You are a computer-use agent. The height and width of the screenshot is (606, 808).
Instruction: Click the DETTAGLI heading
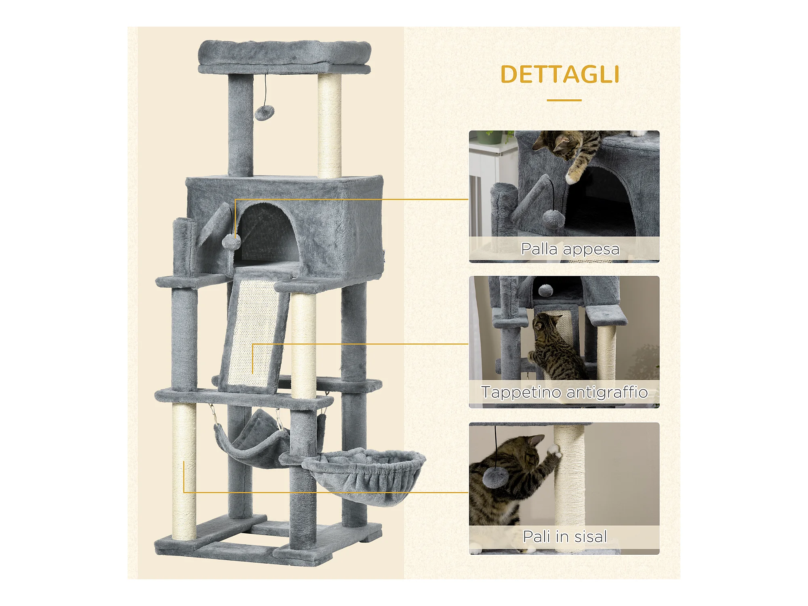(x=560, y=74)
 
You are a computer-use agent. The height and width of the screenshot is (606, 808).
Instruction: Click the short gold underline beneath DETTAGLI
(x=564, y=100)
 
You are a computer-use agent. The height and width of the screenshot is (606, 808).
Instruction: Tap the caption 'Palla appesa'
(x=570, y=249)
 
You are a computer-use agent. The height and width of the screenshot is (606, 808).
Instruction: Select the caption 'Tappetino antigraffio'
(x=564, y=392)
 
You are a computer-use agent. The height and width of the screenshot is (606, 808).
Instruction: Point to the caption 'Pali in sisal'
(x=565, y=537)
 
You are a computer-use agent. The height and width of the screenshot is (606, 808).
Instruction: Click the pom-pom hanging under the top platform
(x=264, y=113)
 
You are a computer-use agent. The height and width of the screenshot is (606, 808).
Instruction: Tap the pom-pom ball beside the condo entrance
(x=231, y=242)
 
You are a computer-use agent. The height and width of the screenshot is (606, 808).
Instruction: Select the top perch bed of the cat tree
(x=284, y=57)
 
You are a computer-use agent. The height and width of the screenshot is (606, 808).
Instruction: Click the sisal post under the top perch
(x=329, y=125)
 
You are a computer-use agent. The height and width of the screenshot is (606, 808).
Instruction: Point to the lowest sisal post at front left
(x=184, y=471)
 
